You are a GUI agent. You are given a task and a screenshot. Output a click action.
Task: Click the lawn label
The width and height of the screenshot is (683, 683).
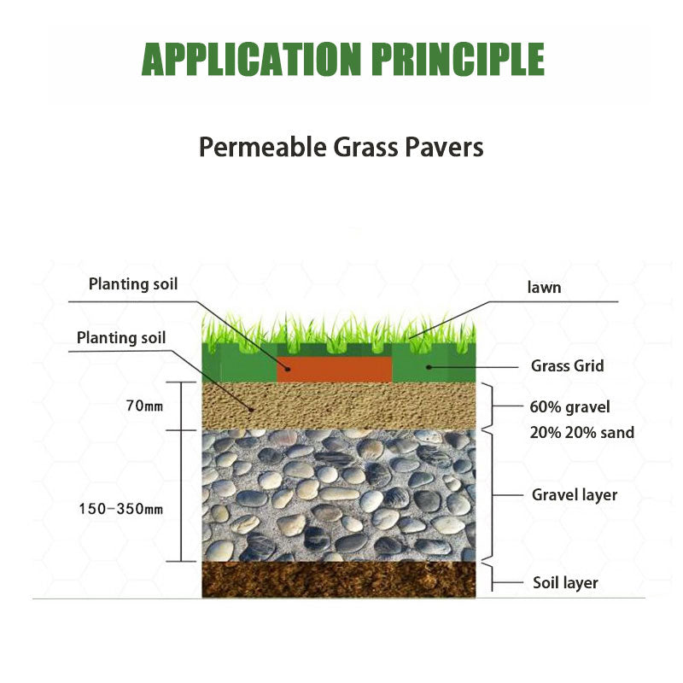(544, 288)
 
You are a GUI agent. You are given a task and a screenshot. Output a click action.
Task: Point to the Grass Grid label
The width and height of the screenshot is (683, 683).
(567, 366)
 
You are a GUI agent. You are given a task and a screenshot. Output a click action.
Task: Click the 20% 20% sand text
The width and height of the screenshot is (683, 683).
(581, 433)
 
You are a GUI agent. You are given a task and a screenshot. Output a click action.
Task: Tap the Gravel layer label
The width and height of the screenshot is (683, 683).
(574, 494)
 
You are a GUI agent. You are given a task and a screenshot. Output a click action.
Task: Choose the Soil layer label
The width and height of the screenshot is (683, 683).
(565, 583)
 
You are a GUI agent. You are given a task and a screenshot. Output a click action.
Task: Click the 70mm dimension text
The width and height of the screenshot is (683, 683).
(143, 406)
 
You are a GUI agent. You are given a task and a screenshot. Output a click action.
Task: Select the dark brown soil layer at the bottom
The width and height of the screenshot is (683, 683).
(338, 579)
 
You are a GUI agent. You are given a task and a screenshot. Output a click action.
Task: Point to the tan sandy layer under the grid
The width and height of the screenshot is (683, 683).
(338, 406)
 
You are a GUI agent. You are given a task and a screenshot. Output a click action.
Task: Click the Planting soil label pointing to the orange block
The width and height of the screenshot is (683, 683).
(133, 284)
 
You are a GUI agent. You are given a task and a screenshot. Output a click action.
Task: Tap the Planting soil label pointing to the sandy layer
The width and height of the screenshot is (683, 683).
(121, 337)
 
